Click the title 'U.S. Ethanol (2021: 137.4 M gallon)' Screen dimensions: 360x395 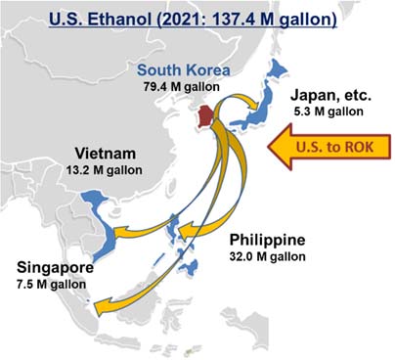(x=197, y=18)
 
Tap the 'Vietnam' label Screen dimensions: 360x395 (x=107, y=154)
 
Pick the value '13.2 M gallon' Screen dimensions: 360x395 (x=108, y=170)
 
